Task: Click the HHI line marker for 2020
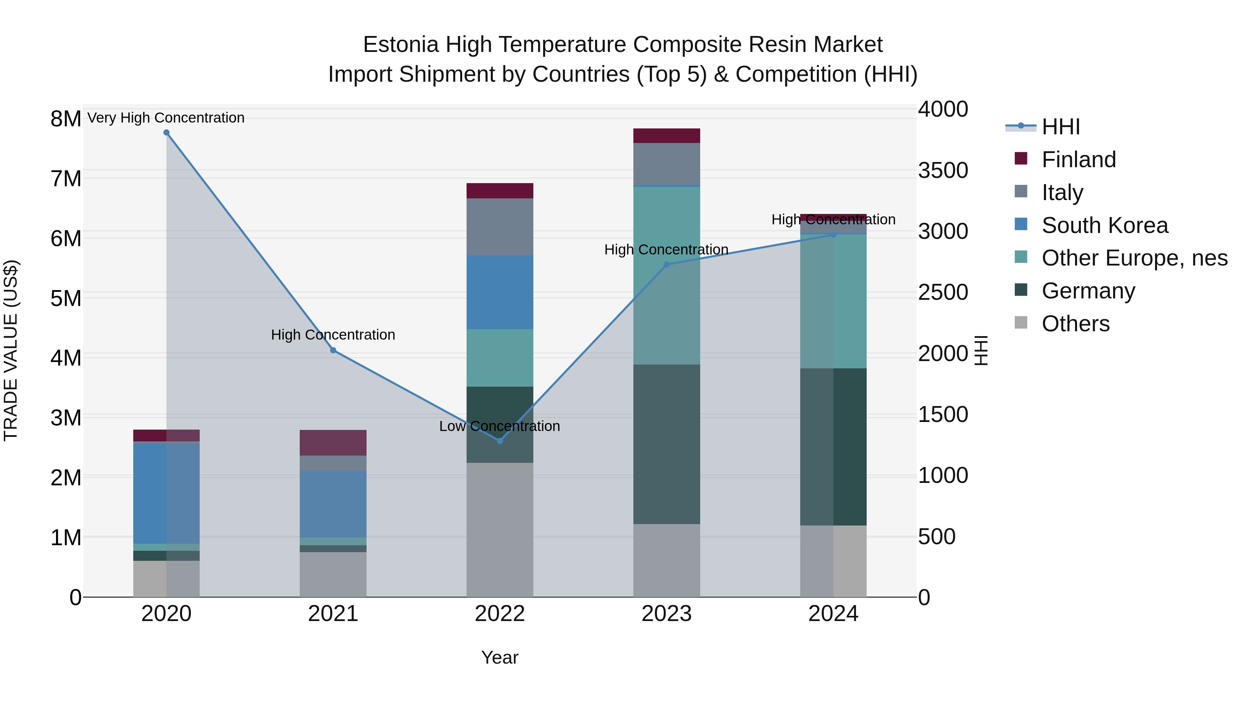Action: tap(166, 133)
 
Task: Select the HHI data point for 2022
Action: tap(500, 441)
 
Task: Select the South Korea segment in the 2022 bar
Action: tap(500, 292)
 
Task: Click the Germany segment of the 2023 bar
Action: tap(667, 444)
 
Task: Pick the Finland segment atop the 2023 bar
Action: tap(667, 136)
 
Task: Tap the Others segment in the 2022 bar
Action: tap(500, 530)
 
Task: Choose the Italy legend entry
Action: tap(1062, 192)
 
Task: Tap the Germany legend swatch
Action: tap(1021, 290)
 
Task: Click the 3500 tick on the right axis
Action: tap(943, 171)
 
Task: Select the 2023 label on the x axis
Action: tap(667, 614)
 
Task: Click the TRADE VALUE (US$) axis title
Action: tap(11, 350)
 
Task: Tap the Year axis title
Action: tap(500, 657)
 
